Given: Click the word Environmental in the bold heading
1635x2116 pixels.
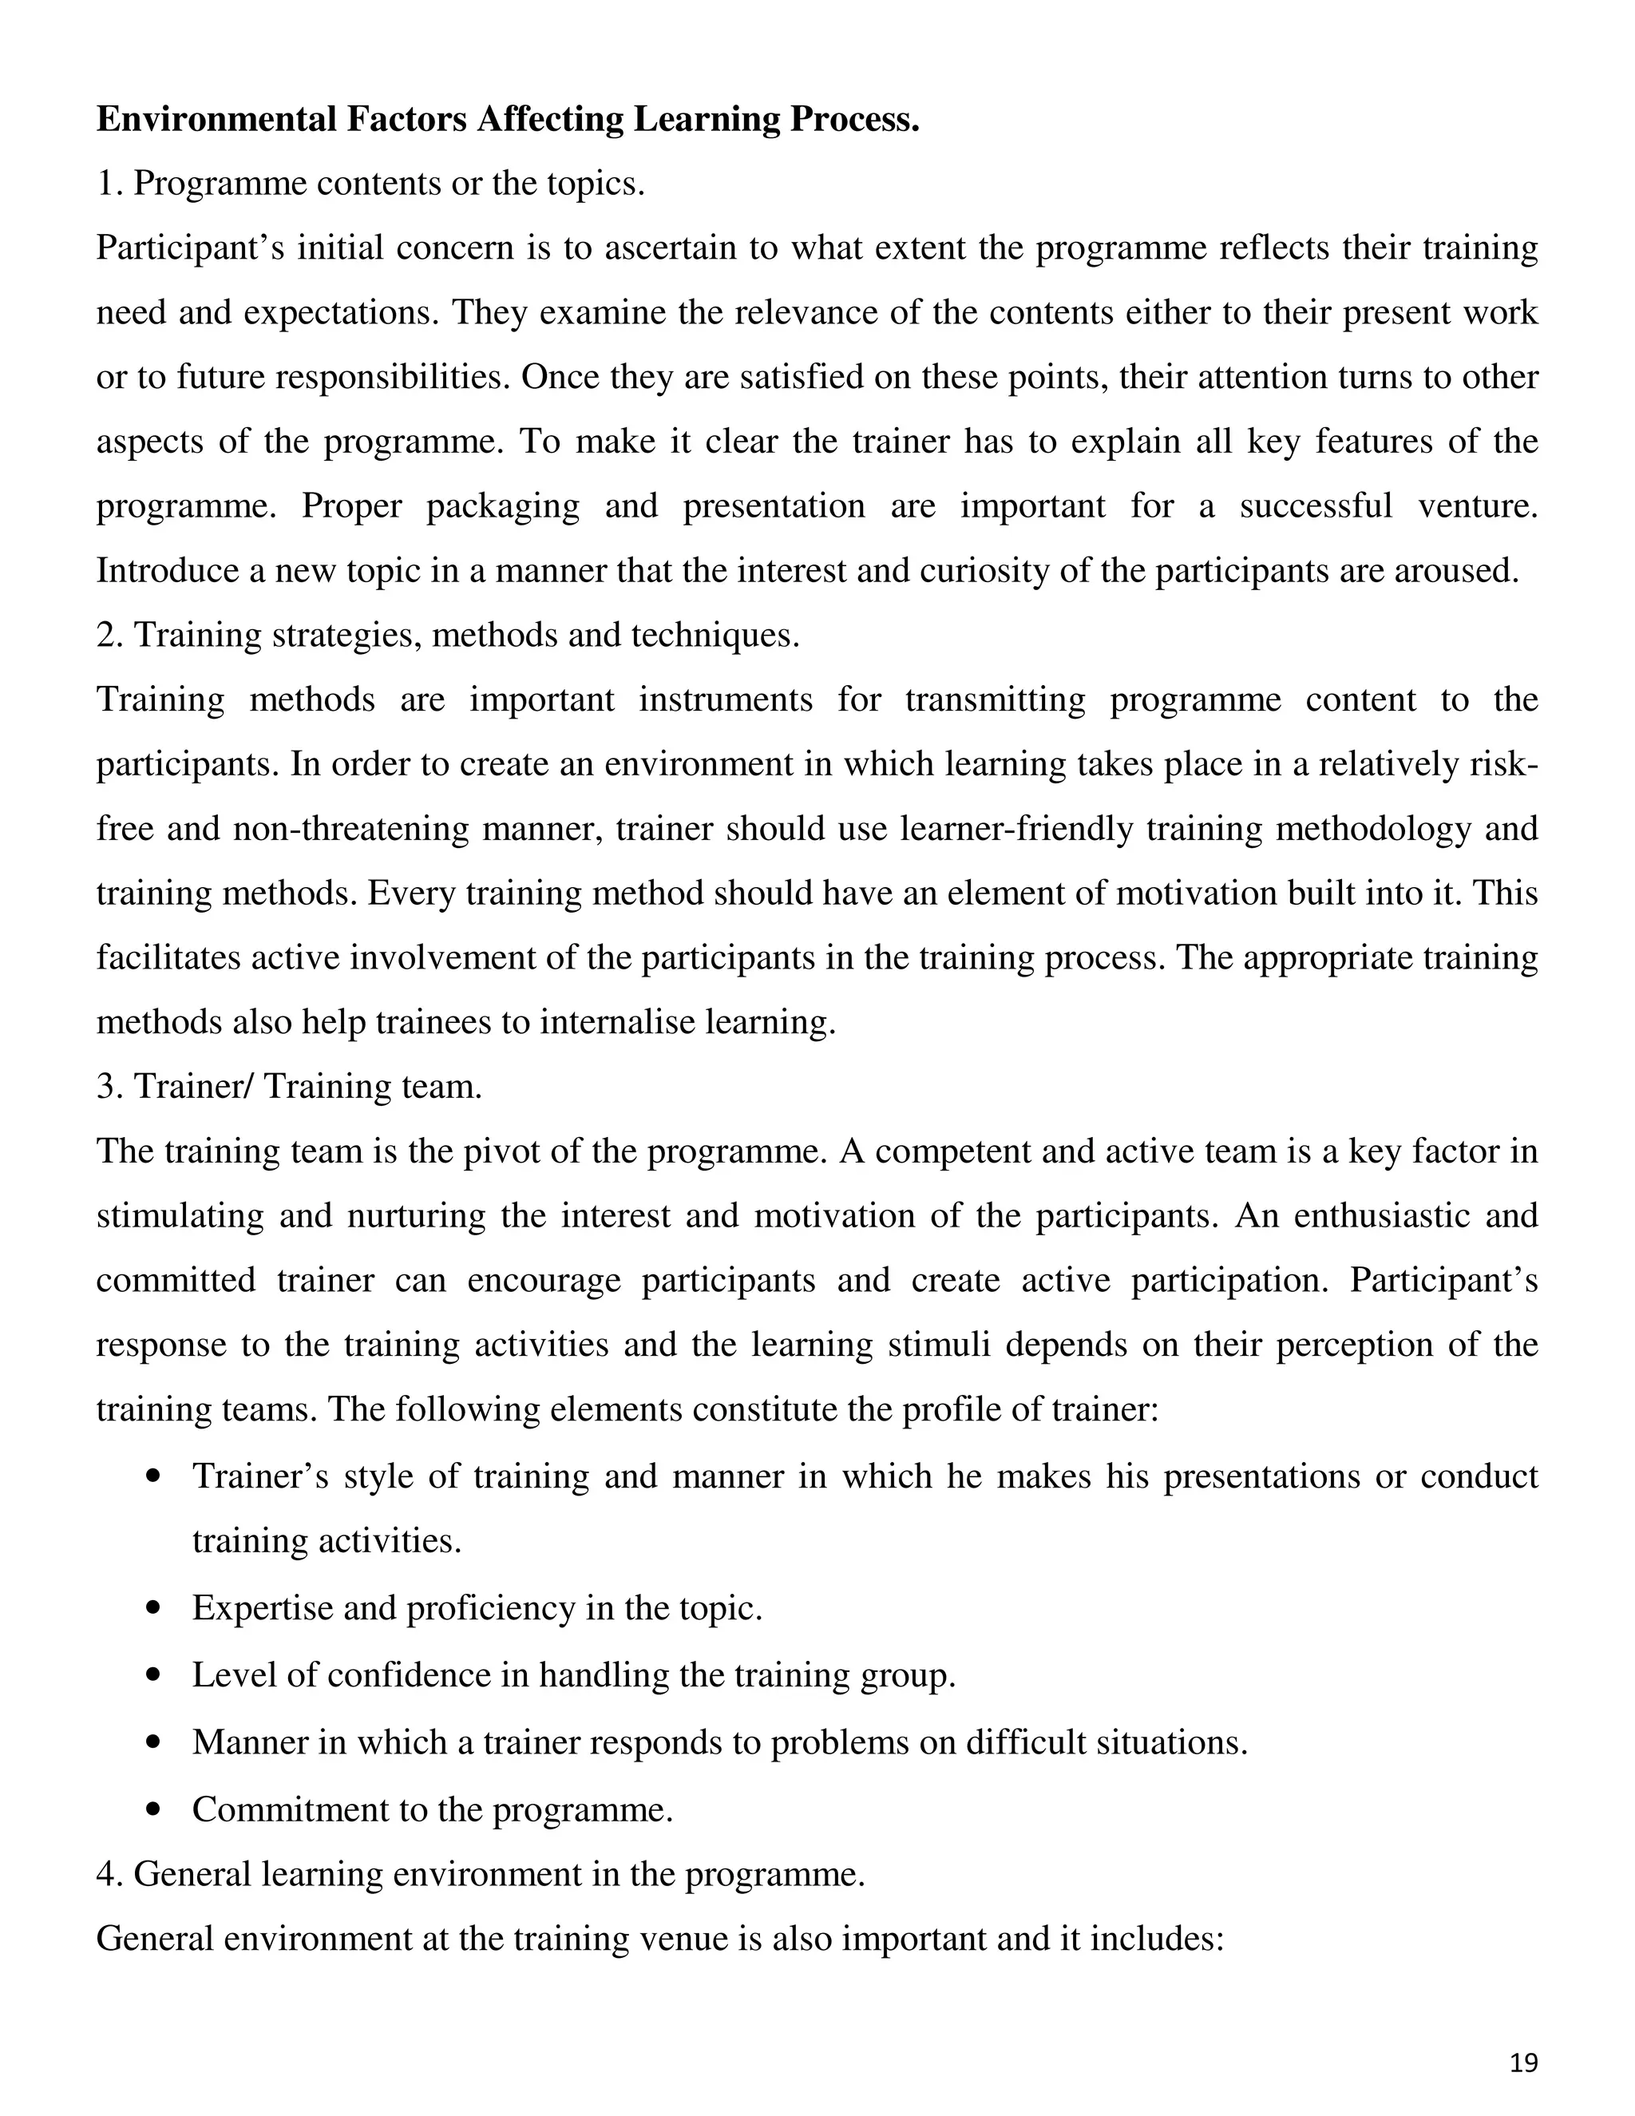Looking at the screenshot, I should coord(214,119).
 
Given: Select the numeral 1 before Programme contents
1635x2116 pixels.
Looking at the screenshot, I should coord(105,183).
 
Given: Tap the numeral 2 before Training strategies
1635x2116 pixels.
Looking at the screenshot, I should coord(106,636).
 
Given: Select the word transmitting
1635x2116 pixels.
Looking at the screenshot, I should coord(996,699).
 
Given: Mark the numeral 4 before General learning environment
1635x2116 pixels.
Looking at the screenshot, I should coord(106,1875).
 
